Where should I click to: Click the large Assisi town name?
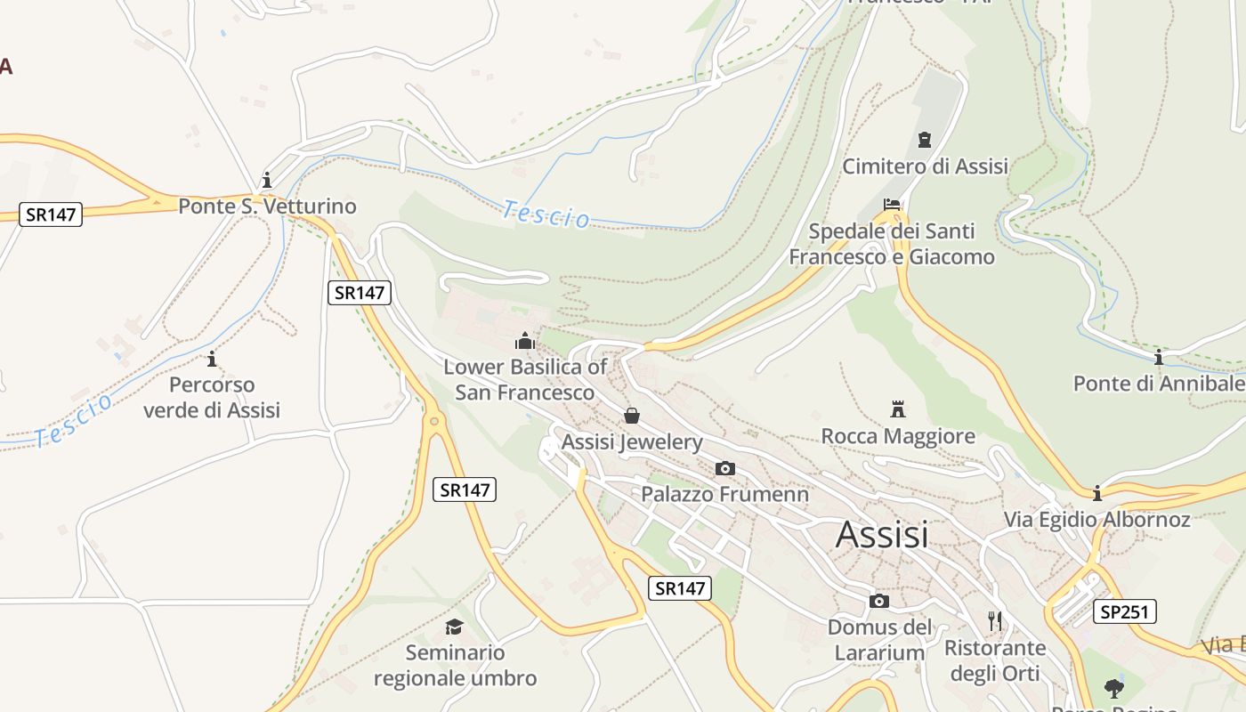click(x=882, y=534)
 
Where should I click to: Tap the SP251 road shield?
click(x=1127, y=611)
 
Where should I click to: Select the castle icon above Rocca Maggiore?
click(x=898, y=409)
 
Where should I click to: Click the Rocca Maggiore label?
click(x=898, y=436)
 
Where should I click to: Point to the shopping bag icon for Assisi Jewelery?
click(x=632, y=416)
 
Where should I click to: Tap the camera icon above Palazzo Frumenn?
click(x=725, y=468)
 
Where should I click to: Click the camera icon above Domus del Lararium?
click(x=878, y=601)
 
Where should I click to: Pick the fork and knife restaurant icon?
click(x=995, y=620)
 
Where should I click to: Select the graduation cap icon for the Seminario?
click(x=455, y=627)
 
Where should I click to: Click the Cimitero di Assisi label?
click(x=925, y=166)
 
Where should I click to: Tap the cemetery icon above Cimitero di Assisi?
click(x=925, y=140)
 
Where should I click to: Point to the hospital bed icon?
click(x=892, y=205)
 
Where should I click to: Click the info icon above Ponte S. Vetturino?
click(x=266, y=180)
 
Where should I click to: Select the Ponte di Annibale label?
click(x=1159, y=384)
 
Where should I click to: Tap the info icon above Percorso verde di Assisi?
click(x=212, y=360)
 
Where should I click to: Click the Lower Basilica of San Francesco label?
click(x=525, y=379)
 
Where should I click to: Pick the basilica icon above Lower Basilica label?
click(x=525, y=341)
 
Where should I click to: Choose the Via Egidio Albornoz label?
click(x=1096, y=519)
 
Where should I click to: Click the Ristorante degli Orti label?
click(x=995, y=659)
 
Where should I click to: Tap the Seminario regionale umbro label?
click(x=455, y=665)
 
